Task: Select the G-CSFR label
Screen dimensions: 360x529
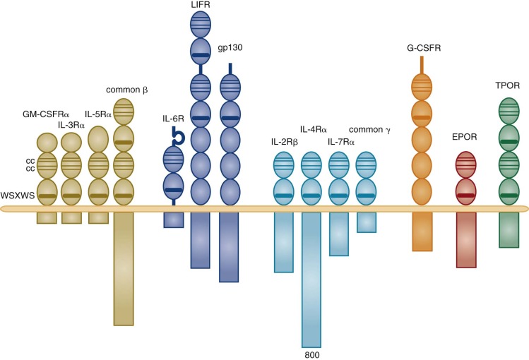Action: (x=420, y=48)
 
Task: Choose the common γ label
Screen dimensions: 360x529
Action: (x=370, y=130)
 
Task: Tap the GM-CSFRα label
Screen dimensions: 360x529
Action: (x=47, y=113)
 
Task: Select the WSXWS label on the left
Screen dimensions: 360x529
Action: (x=17, y=193)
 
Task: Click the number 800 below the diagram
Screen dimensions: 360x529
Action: (x=311, y=354)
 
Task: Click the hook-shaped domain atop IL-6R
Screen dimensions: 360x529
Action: (x=174, y=136)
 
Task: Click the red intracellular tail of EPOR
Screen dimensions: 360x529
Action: (x=465, y=239)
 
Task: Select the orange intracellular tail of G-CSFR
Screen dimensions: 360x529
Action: (x=422, y=231)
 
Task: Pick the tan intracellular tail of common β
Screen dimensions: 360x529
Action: (x=123, y=268)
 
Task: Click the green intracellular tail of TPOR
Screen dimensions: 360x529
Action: (x=509, y=229)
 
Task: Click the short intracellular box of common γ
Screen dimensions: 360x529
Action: (x=367, y=222)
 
